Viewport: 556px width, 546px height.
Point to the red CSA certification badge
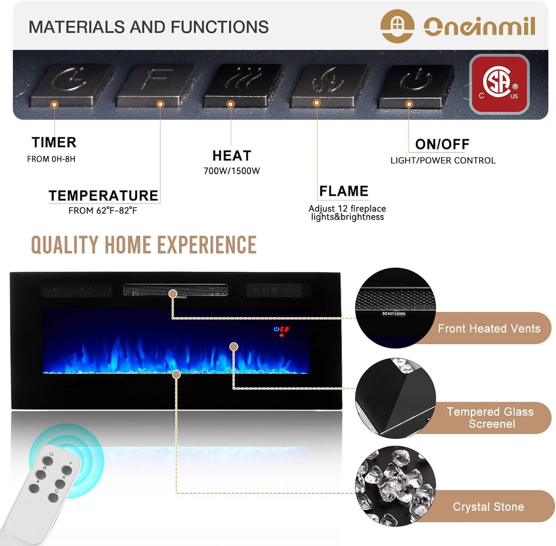[x=499, y=84]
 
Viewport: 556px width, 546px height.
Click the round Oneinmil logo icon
[x=397, y=26]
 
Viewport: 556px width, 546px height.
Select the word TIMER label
[x=54, y=143]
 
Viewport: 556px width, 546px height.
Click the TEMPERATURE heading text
[x=104, y=196]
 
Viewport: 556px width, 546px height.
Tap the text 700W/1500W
[x=232, y=171]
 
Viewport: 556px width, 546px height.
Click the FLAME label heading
[x=343, y=191]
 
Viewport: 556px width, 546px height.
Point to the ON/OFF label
[x=442, y=144]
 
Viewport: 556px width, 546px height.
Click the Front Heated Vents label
[x=489, y=328]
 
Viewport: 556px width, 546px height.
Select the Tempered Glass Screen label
[x=491, y=418]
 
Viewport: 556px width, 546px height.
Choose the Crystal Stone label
[x=488, y=507]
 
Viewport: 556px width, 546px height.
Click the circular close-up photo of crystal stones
[x=395, y=486]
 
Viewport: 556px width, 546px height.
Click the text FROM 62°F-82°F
[x=103, y=211]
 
